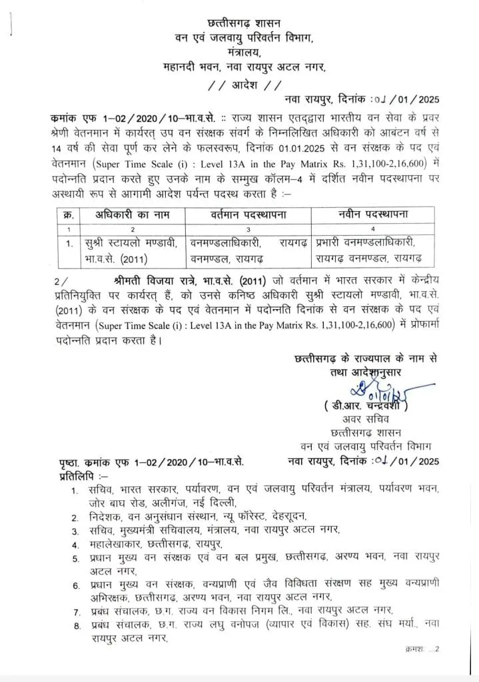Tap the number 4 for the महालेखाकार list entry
point(75,543)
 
